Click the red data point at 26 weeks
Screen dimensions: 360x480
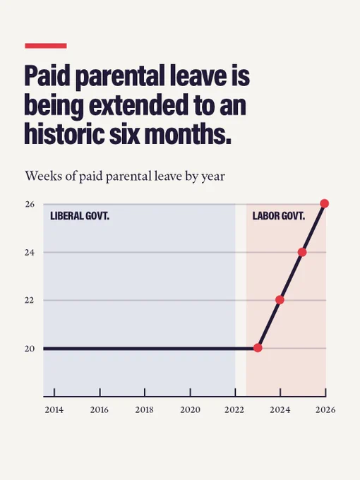[x=325, y=203]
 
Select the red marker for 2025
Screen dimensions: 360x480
[x=302, y=252]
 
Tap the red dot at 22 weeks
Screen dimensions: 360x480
[x=280, y=300]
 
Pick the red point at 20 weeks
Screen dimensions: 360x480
[x=258, y=348]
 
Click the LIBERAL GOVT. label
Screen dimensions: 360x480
[x=80, y=216]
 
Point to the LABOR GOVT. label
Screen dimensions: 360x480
[x=279, y=216]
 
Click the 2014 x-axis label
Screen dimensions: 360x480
[x=54, y=410]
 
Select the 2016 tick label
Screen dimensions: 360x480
[x=100, y=410]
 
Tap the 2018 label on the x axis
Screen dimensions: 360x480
[x=144, y=410]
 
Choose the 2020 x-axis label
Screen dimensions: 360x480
[x=190, y=410]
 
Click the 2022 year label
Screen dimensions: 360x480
[x=234, y=410]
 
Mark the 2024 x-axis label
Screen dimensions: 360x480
[x=280, y=410]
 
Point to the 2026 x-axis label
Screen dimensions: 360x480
[x=325, y=410]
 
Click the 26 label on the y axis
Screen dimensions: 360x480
[x=30, y=204]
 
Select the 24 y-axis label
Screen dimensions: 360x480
[x=30, y=253]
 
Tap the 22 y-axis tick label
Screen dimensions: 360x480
[x=30, y=301]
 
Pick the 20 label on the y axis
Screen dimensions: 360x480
[x=30, y=349]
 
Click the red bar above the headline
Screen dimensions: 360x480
[x=46, y=46]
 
